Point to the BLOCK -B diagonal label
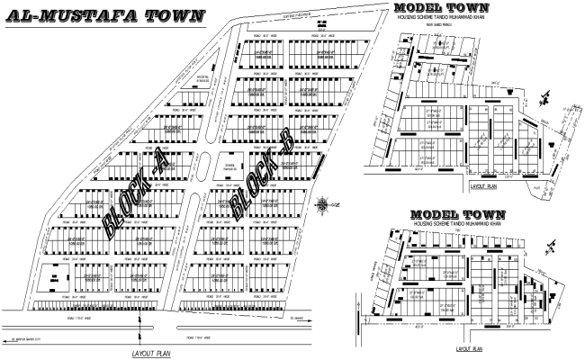tap(259, 184)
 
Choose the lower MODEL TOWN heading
tap(457, 215)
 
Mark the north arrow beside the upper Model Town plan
tap(546, 92)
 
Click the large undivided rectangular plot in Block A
tap(53, 282)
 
